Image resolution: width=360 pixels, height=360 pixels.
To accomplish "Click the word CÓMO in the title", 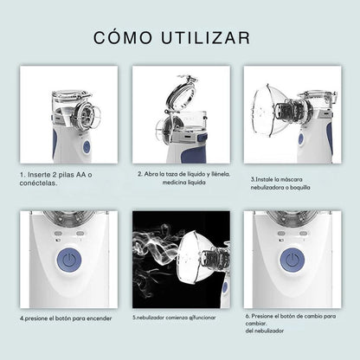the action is [x=123, y=37].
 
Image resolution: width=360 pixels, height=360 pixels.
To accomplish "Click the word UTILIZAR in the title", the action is [x=206, y=38].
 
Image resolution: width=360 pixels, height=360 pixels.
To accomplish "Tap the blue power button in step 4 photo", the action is [x=68, y=260].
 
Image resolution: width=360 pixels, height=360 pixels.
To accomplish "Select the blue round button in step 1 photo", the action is [x=87, y=147].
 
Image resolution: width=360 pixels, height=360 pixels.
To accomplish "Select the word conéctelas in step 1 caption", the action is [x=38, y=183].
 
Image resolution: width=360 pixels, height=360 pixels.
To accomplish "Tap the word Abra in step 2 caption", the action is [x=151, y=174].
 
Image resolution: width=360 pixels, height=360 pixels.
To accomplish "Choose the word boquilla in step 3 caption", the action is [x=300, y=188].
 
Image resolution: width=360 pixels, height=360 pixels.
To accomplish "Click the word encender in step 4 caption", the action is [x=99, y=318].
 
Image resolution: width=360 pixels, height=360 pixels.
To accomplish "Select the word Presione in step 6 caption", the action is [x=261, y=316].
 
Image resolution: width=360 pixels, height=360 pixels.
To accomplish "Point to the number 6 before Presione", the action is [x=247, y=316].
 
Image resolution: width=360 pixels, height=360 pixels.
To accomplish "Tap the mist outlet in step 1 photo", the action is [x=86, y=113].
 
